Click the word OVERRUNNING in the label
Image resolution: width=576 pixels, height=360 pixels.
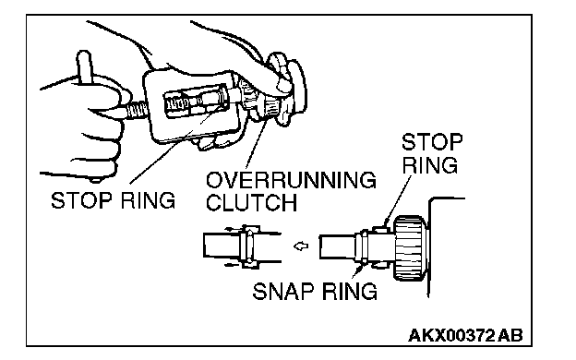coord(291,180)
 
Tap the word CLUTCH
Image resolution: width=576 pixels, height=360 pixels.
coord(252,202)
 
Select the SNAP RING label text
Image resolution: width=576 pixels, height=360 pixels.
coord(315,292)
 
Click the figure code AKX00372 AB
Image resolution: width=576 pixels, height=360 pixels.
coord(465,335)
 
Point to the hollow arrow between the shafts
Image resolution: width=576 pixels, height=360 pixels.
coord(301,246)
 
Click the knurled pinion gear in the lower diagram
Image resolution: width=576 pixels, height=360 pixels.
coord(410,247)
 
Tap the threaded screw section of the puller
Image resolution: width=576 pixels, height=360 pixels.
coord(137,111)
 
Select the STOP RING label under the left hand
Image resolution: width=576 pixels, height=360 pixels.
coord(113,200)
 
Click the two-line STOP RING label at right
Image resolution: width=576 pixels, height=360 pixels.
coord(431,153)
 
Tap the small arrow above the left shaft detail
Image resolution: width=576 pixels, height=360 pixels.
coord(232,229)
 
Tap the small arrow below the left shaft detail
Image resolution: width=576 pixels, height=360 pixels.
coord(232,265)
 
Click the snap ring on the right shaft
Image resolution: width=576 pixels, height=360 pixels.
coord(364,246)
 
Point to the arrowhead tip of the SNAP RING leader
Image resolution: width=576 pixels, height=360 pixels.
coord(363,265)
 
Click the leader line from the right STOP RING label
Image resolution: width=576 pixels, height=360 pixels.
coord(398,199)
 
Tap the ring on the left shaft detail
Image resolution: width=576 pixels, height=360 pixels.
coord(248,246)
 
